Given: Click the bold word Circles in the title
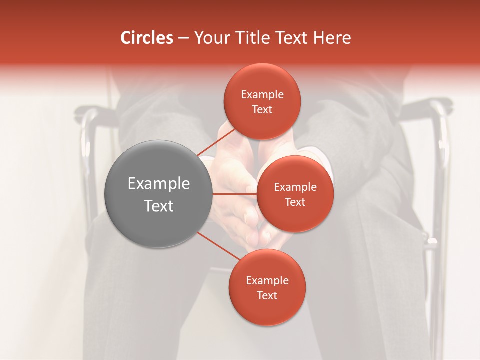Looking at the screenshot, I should (146, 38).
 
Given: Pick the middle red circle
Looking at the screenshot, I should (295, 194).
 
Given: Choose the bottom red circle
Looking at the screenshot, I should (267, 287).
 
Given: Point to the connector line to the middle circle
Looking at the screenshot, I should (235, 194).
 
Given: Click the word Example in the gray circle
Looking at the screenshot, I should (159, 184).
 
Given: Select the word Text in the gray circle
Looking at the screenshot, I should (159, 206).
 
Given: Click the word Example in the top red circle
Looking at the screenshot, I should (262, 95).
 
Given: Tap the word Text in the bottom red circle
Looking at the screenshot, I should (267, 295).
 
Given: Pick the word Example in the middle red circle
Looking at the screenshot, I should (295, 187).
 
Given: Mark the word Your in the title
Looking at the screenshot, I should (210, 38).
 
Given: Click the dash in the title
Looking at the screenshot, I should (183, 38).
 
